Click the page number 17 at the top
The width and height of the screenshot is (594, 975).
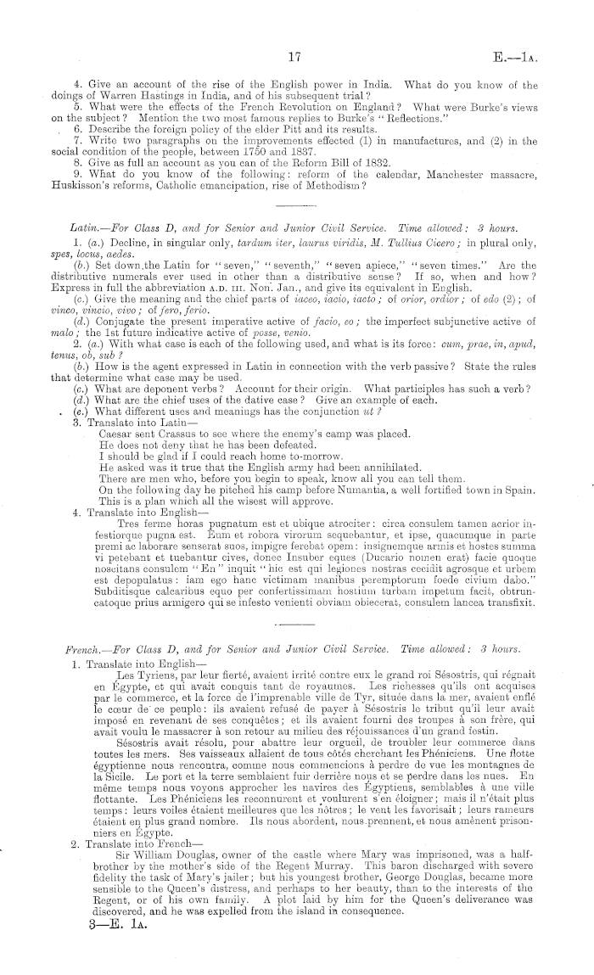[295, 58]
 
